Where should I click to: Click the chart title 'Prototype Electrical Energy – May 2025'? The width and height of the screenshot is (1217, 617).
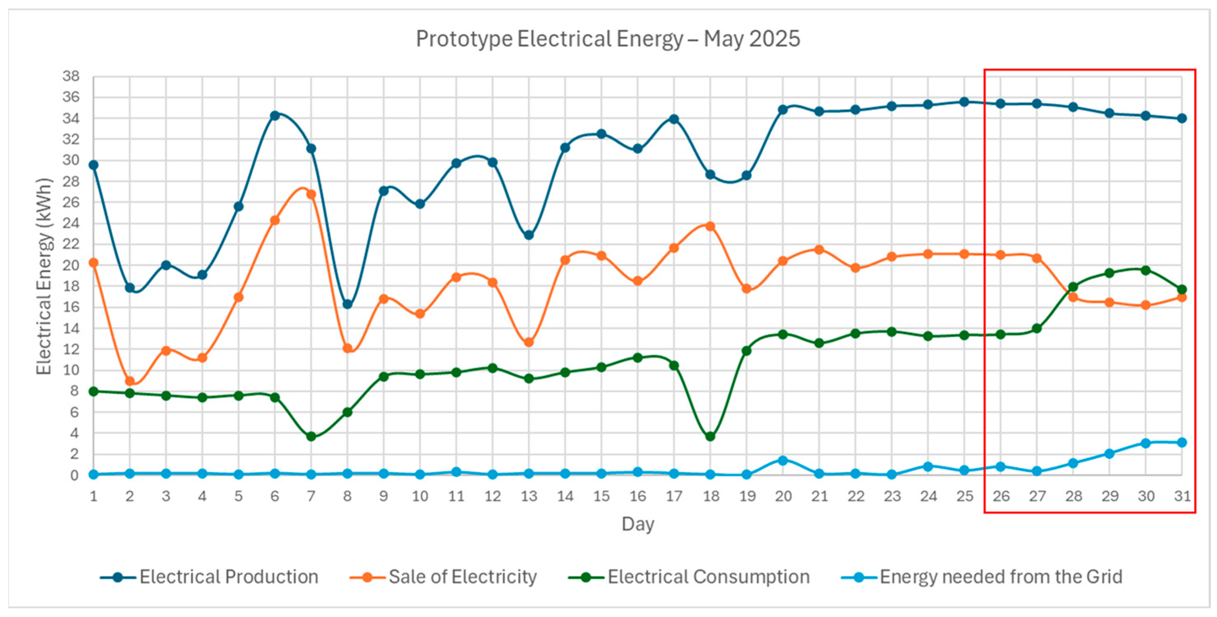click(x=608, y=39)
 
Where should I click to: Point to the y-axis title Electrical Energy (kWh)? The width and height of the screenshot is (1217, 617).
click(x=44, y=276)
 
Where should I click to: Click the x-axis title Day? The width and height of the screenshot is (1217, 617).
click(x=638, y=524)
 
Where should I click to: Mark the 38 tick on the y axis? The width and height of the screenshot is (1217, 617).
click(x=71, y=76)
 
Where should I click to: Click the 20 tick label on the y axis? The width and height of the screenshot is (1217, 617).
click(x=71, y=265)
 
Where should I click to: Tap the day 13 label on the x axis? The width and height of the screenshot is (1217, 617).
click(x=529, y=496)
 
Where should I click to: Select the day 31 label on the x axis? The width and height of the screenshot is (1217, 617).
click(x=1182, y=496)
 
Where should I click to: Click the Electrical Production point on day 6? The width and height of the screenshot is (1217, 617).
click(x=275, y=115)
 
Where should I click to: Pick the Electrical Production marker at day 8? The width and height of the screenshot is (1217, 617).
click(x=347, y=304)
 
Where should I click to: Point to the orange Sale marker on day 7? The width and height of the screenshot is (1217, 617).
click(x=311, y=194)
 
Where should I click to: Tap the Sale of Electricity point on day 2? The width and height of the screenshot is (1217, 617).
click(x=129, y=381)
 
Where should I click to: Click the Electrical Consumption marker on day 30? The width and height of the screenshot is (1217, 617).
click(x=1146, y=270)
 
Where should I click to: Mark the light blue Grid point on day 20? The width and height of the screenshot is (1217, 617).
click(x=783, y=460)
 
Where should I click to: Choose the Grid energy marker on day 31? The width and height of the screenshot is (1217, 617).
click(x=1182, y=442)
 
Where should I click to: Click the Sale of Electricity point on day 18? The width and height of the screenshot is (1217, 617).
click(x=710, y=226)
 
